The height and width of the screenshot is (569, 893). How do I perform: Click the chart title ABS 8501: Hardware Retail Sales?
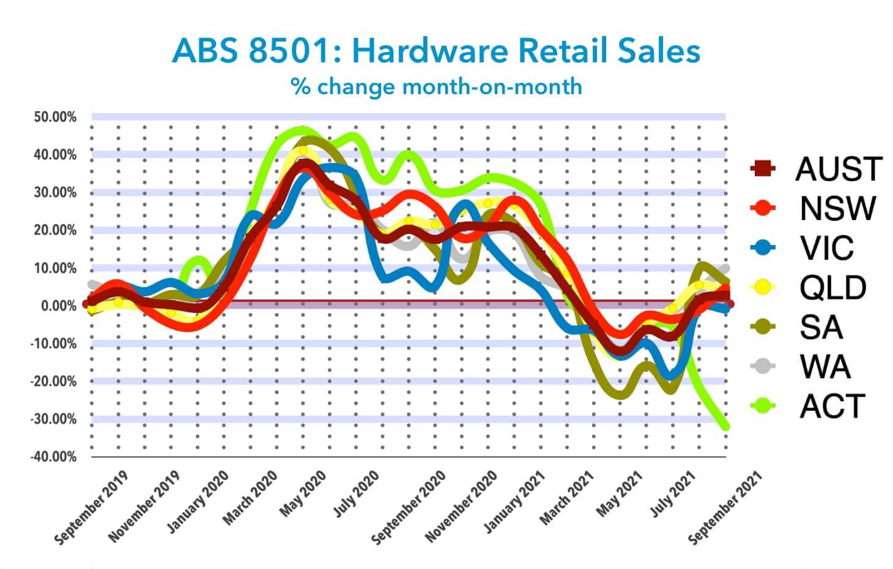[435, 51]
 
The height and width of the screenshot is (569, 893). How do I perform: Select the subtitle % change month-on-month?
[436, 86]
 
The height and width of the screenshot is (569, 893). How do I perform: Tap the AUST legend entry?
[816, 169]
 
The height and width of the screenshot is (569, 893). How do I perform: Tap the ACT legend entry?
[808, 406]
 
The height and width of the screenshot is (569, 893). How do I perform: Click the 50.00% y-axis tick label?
[55, 117]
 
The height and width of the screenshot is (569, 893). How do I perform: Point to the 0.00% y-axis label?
[59, 306]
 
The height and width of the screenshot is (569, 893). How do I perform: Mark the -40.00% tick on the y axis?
[53, 457]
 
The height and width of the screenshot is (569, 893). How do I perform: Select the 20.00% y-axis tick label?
[55, 230]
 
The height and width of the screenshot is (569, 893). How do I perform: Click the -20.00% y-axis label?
[53, 381]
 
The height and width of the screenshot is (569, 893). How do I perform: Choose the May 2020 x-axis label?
[302, 493]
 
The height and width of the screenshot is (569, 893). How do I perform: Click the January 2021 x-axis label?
[514, 502]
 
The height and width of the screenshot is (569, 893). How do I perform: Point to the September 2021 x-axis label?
[725, 508]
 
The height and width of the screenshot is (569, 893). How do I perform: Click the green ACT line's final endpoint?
[725, 427]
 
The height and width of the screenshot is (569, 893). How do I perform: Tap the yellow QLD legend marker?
[763, 287]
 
